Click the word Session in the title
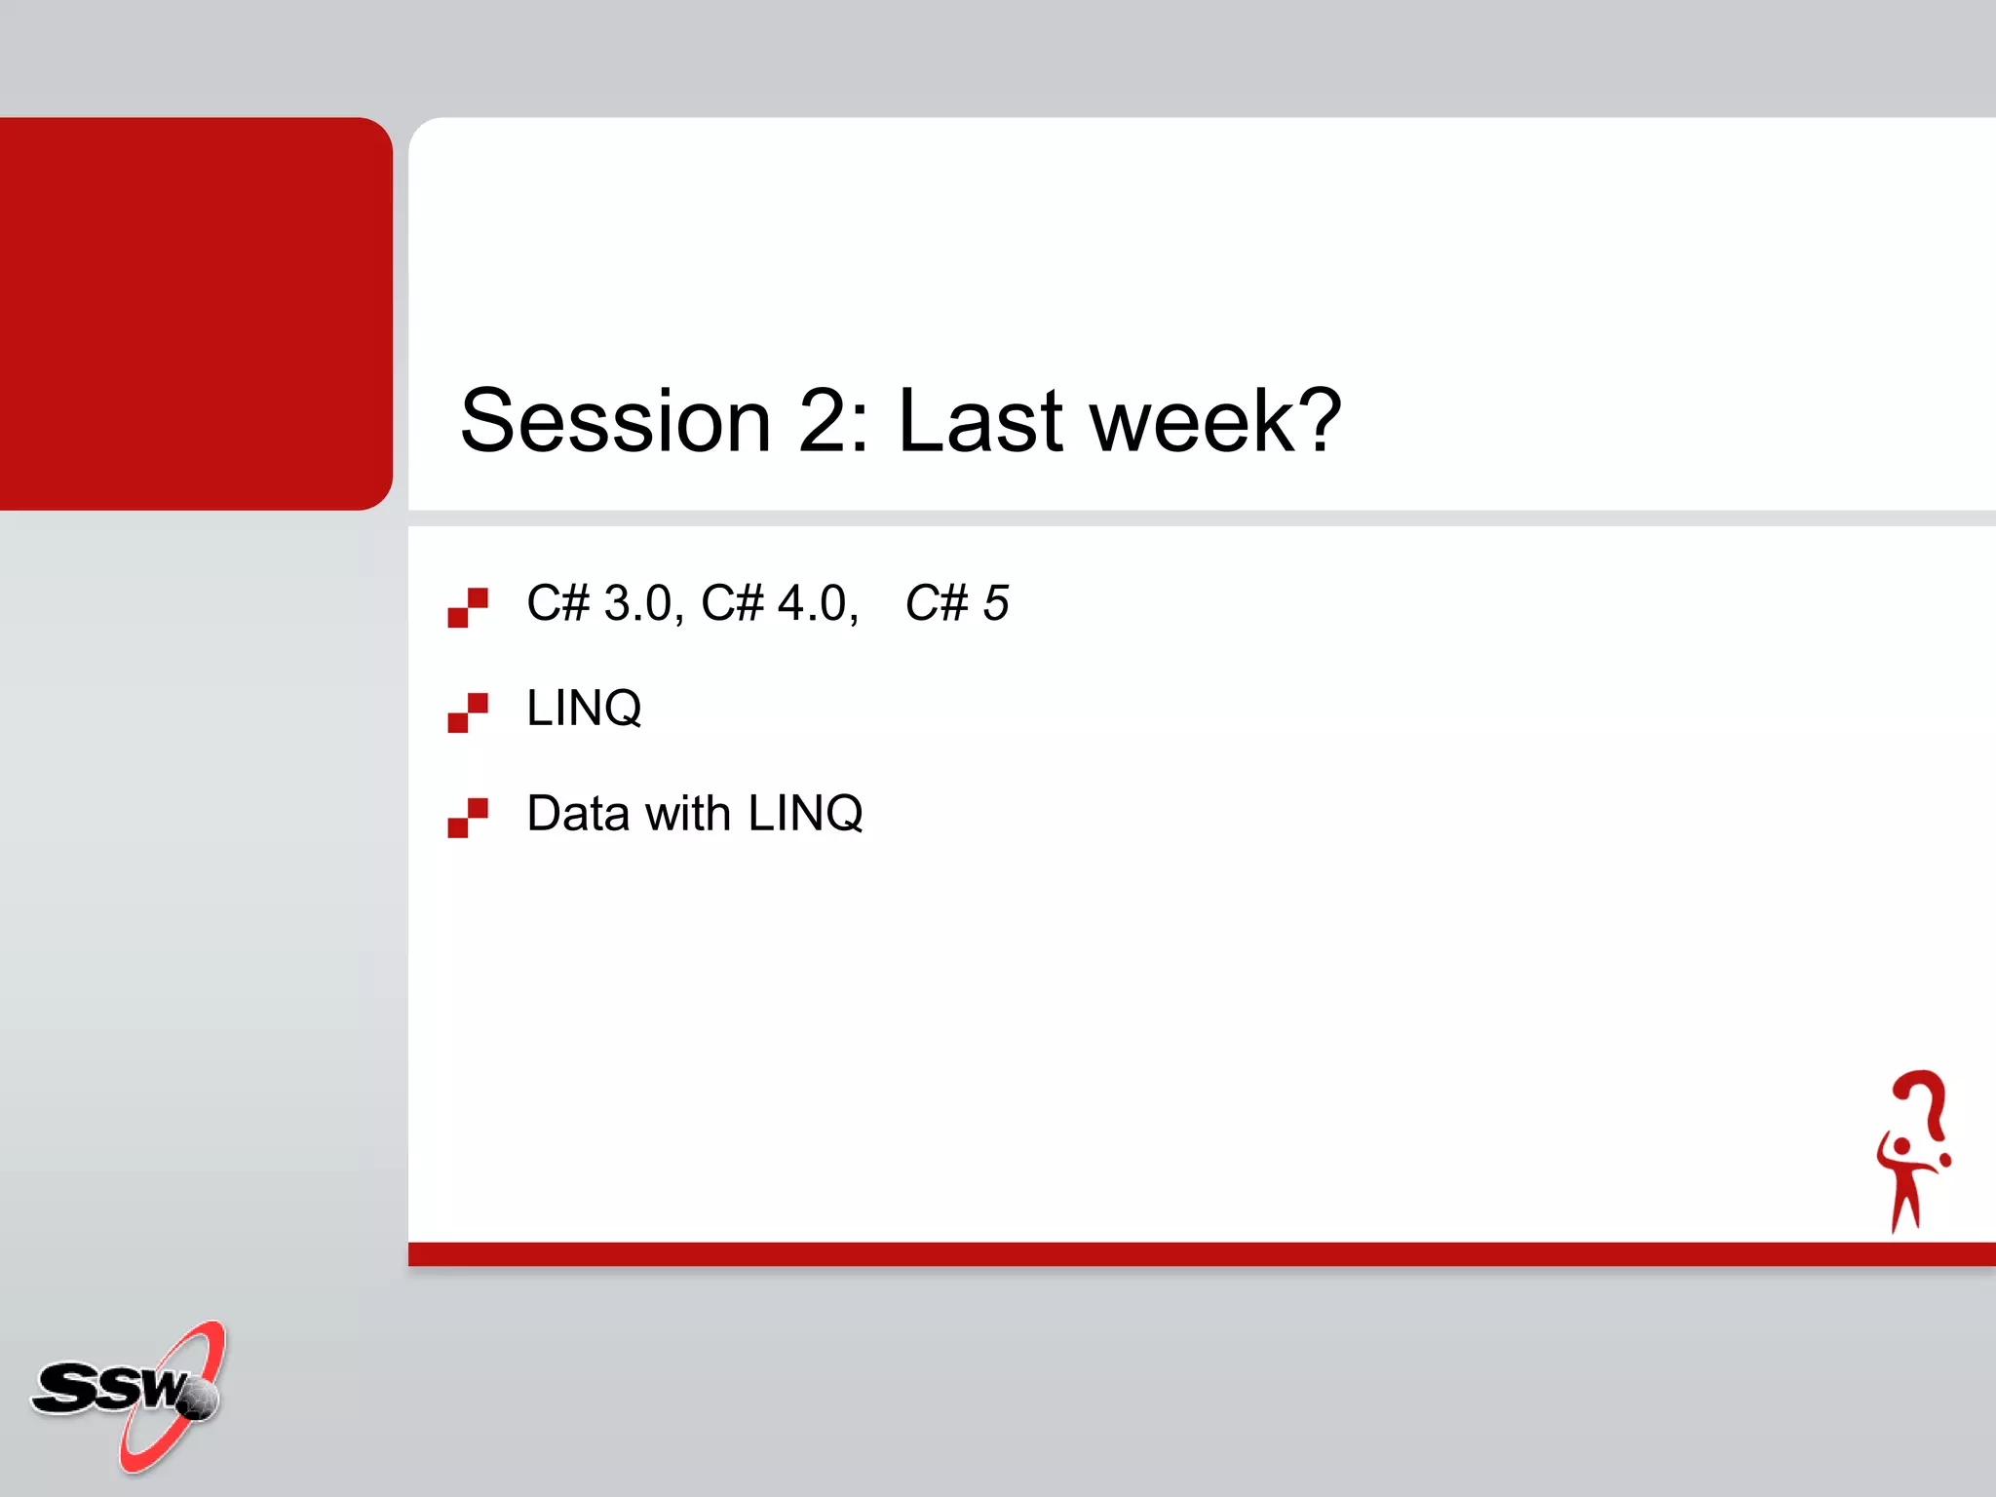[x=615, y=421]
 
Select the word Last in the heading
[x=979, y=421]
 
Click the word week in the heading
[x=1191, y=421]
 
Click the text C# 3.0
[x=598, y=603]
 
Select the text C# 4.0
[x=776, y=603]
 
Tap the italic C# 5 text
[x=956, y=603]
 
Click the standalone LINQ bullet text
[x=584, y=709]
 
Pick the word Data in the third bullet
[x=577, y=813]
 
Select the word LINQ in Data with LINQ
[x=805, y=813]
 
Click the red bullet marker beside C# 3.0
[x=468, y=607]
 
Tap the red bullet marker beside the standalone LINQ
[x=468, y=712]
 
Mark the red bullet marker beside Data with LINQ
[x=468, y=818]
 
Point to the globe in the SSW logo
[x=199, y=1399]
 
